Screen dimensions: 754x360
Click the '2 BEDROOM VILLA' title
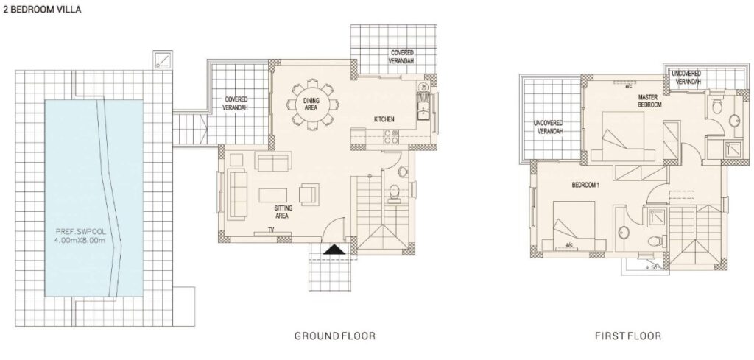[42, 10]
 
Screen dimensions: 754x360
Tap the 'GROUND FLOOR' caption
[335, 336]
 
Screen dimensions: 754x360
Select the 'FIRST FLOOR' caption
[628, 336]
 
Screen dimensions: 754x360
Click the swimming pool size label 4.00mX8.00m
[80, 240]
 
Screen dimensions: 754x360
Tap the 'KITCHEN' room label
[384, 119]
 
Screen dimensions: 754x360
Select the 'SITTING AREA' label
[281, 212]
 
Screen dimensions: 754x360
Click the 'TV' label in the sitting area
[271, 230]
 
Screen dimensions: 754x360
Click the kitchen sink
[423, 110]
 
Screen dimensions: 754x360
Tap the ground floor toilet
[394, 193]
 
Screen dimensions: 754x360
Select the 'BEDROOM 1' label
[585, 185]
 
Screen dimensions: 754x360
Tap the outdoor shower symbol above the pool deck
[163, 60]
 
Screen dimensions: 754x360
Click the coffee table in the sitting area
[273, 195]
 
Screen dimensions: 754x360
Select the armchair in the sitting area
[309, 193]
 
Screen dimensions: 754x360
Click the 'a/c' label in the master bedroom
[629, 87]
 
